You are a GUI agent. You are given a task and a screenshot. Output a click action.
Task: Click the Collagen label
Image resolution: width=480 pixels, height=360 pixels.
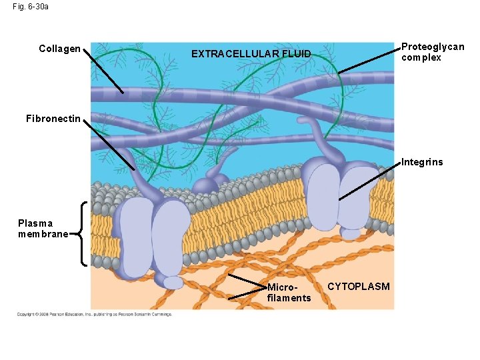tap(59, 49)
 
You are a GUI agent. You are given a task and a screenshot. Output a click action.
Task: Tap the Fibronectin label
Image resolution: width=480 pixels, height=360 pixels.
tap(53, 119)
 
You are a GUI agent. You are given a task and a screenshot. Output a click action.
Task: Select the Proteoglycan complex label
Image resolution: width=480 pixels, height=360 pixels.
tap(432, 52)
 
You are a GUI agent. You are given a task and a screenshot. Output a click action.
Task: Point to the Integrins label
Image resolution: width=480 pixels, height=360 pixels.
tap(421, 162)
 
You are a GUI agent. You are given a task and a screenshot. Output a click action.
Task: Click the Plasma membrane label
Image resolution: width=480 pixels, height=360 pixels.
tap(43, 229)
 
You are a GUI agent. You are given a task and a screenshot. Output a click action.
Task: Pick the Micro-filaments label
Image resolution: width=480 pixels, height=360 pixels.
tap(289, 293)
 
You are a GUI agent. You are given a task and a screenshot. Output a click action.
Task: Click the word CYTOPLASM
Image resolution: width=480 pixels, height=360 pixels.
tap(359, 286)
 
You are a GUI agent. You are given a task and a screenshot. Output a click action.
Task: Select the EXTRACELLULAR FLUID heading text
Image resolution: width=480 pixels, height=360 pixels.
tap(251, 53)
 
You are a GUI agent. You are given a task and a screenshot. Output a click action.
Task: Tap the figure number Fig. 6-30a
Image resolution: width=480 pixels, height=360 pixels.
tap(30, 7)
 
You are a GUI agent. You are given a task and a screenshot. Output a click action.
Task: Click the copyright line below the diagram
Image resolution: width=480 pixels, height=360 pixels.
tap(94, 314)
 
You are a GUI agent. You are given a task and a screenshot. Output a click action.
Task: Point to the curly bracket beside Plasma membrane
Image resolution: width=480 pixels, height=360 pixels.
tap(81, 233)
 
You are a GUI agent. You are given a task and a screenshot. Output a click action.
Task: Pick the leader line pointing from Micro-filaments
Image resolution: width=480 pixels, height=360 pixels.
tap(247, 281)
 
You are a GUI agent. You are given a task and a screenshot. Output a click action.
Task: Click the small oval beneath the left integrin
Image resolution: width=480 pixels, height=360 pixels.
tap(173, 283)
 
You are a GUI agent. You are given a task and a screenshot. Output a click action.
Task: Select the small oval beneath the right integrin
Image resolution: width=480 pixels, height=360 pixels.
tap(350, 233)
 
